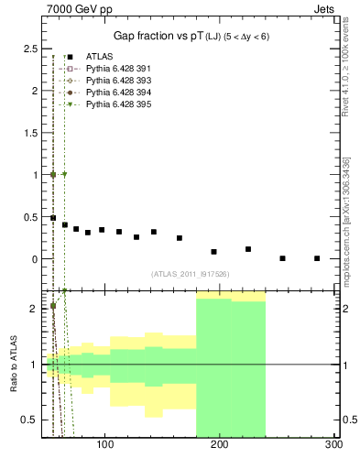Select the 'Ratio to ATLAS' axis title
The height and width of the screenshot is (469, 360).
pyautogui.click(x=13, y=365)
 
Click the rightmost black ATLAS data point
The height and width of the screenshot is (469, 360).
pyautogui.click(x=317, y=258)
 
